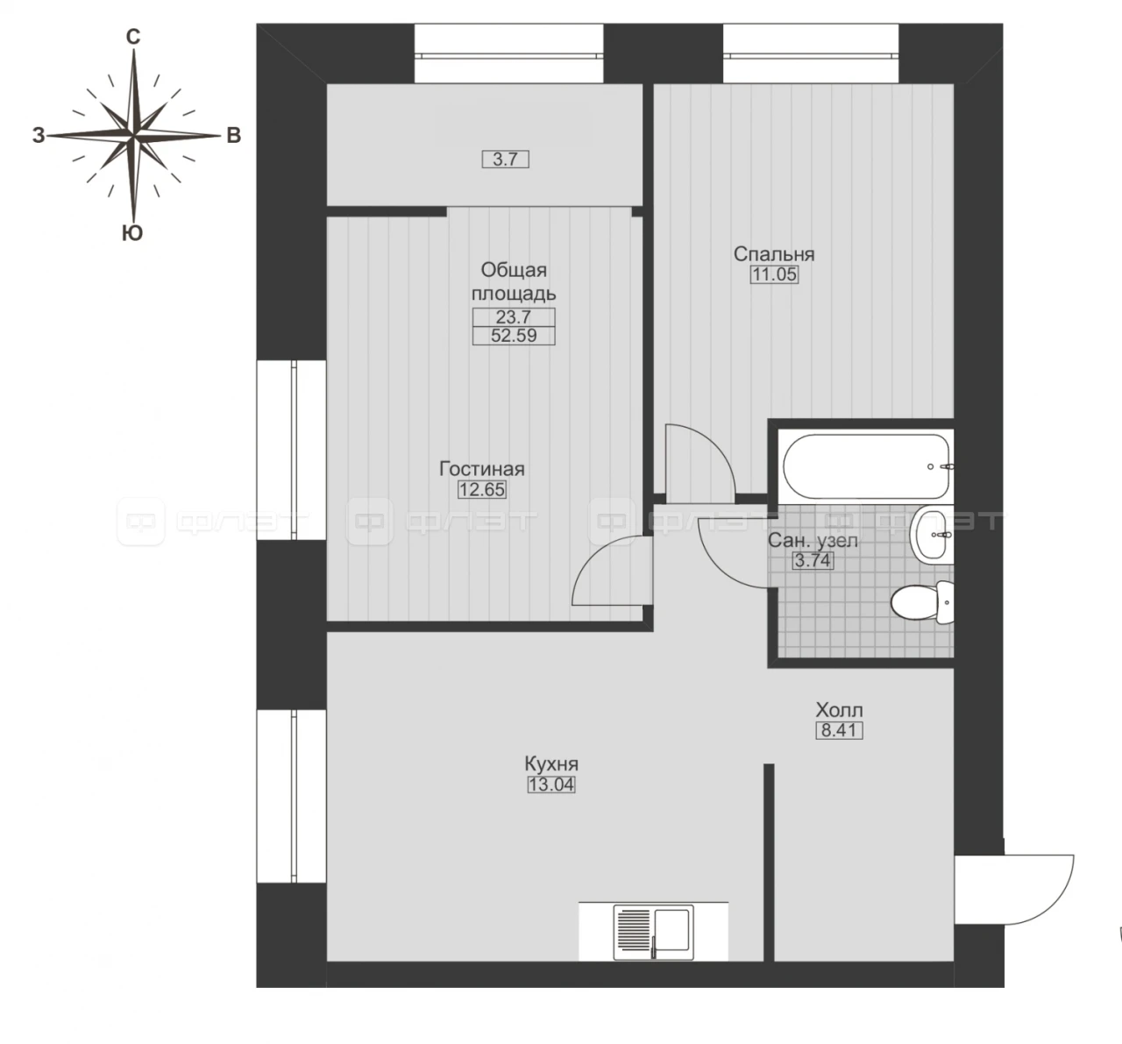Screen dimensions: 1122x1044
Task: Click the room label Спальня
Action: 774,254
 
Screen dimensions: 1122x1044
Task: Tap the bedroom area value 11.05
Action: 774,274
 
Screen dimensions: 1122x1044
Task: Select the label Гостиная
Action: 482,469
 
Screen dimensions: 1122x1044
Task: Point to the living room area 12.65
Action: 482,489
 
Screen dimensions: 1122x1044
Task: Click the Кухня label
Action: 551,764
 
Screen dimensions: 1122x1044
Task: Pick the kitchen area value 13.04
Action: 551,785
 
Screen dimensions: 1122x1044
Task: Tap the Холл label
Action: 839,710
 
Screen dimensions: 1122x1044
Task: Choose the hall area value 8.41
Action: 839,730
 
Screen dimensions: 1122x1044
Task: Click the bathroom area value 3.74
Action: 813,561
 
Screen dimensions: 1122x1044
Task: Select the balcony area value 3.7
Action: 505,160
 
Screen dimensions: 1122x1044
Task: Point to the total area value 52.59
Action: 514,336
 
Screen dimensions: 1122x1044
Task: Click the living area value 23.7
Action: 514,317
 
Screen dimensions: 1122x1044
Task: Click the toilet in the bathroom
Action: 922,602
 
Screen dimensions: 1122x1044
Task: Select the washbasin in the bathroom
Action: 932,535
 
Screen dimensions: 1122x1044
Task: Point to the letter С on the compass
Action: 132,38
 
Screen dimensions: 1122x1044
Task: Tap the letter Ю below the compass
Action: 132,233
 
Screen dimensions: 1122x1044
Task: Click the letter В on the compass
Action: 233,136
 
